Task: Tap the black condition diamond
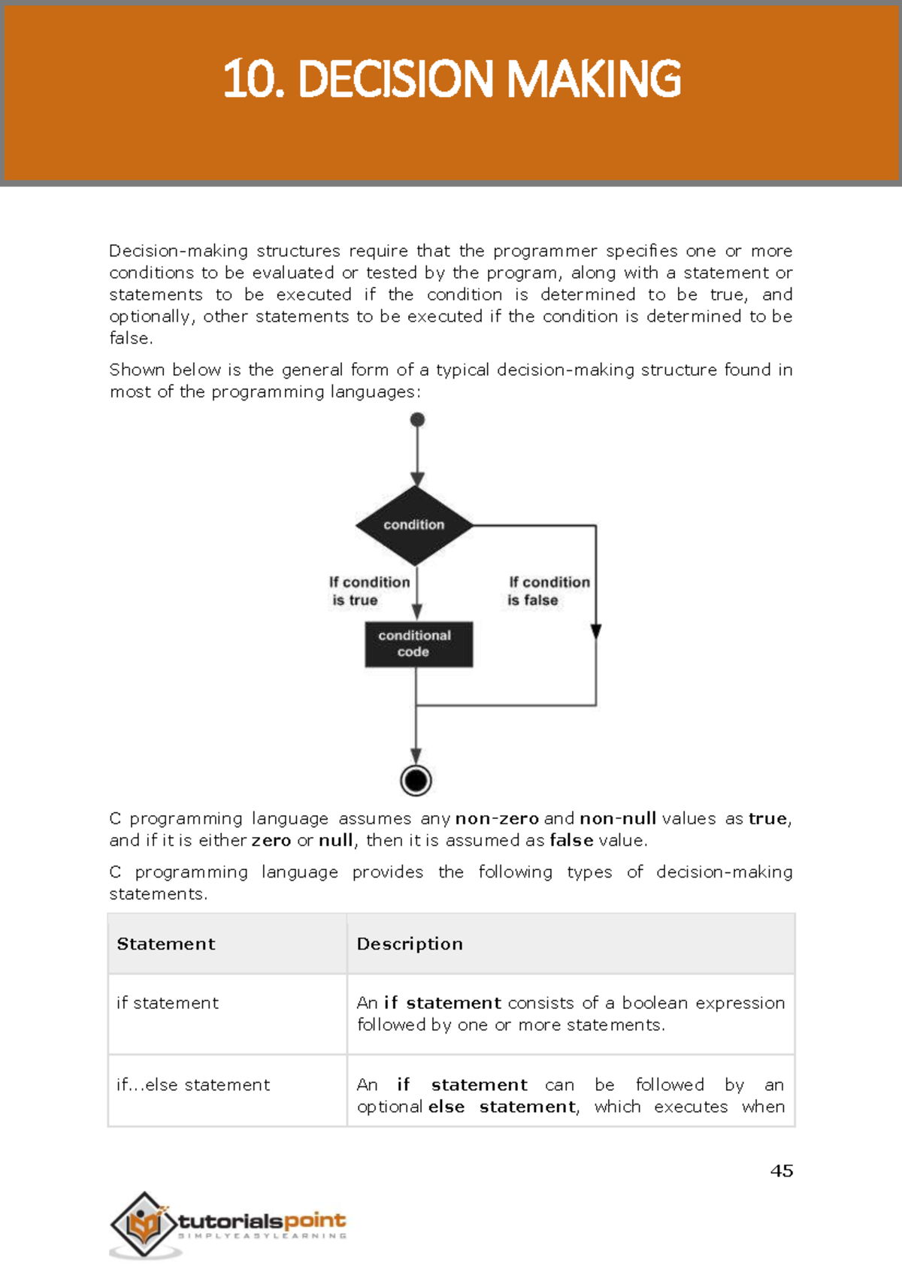click(414, 525)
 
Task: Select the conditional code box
click(419, 644)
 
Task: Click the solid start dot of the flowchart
click(418, 420)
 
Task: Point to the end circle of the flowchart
click(416, 781)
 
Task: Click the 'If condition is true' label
click(368, 591)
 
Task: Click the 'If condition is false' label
click(549, 591)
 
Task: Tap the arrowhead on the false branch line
click(596, 631)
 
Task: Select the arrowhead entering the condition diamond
click(417, 479)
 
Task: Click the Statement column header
click(166, 944)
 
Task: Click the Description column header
click(410, 944)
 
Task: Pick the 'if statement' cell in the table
click(168, 1003)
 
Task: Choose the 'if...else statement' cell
click(193, 1085)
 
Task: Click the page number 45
click(782, 1171)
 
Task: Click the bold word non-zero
click(497, 818)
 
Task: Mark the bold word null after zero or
click(335, 840)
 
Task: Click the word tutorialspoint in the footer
click(262, 1220)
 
